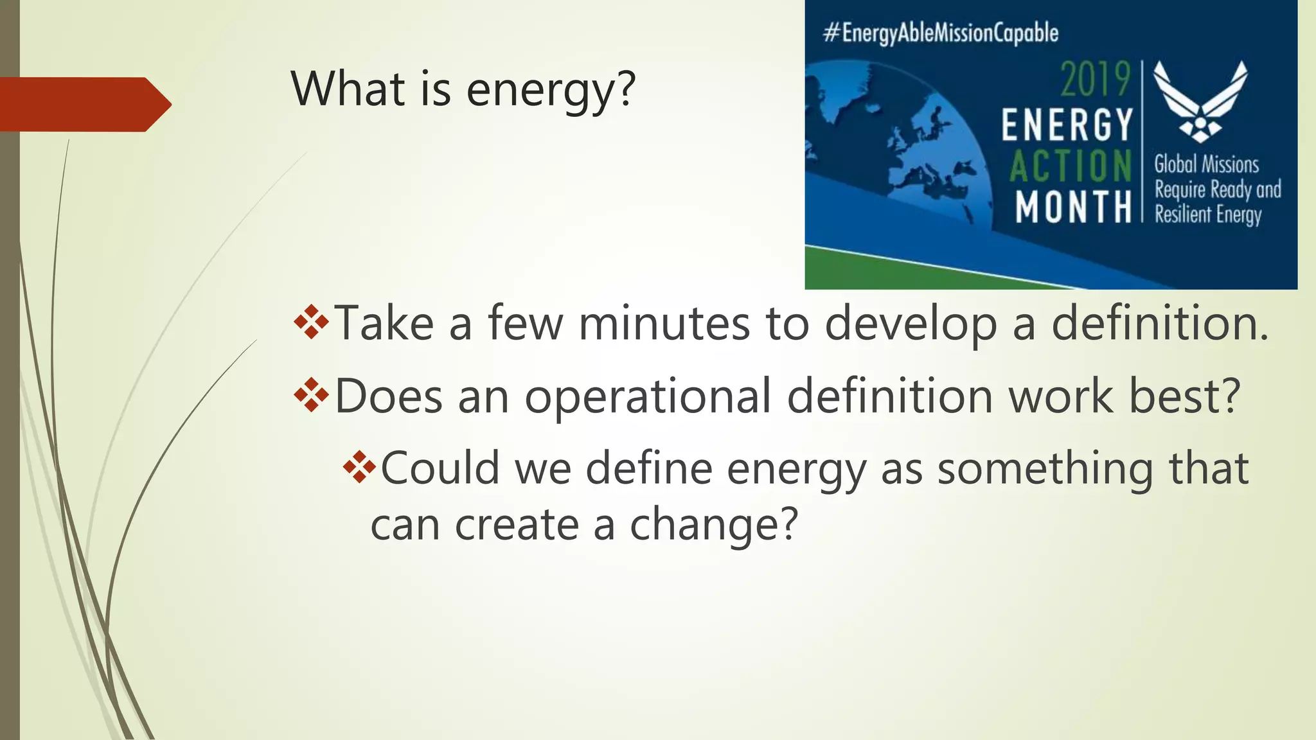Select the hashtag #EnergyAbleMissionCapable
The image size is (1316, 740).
point(941,33)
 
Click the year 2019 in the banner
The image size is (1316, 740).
point(1095,80)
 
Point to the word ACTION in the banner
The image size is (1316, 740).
point(1071,166)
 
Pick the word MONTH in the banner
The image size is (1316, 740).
point(1073,207)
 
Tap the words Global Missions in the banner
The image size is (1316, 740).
point(1206,164)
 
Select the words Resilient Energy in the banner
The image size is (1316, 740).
point(1208,215)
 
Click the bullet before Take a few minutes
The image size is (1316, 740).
point(311,322)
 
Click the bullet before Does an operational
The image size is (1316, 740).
point(311,395)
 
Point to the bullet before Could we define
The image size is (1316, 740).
point(359,467)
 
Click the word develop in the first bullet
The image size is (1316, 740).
point(911,324)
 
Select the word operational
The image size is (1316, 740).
point(648,398)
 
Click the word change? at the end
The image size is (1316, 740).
point(713,525)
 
